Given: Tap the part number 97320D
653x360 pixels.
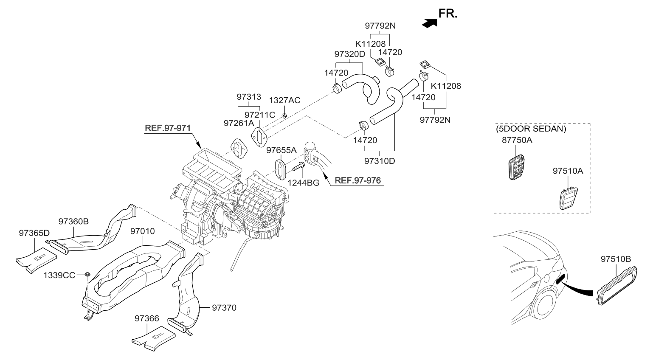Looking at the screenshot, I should (349, 54).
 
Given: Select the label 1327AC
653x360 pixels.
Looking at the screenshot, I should (285, 101).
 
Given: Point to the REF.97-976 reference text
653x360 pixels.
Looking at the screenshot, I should (357, 180).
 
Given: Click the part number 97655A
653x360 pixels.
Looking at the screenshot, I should (281, 150).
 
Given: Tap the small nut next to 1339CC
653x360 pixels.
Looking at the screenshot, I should (87, 274).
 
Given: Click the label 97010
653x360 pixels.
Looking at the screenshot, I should (142, 232).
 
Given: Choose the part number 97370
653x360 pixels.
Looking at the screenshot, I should (224, 307).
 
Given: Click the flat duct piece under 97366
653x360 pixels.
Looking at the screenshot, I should (153, 338).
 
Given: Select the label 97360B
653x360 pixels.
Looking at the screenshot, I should (73, 221).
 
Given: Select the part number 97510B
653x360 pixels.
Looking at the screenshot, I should (616, 259).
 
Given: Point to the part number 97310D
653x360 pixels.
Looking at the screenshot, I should (380, 161).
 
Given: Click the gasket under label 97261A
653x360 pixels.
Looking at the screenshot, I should (239, 148).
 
